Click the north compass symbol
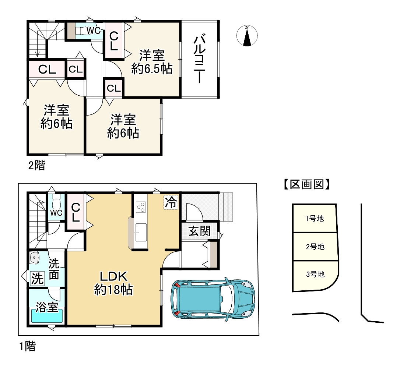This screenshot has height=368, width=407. coord(247,36)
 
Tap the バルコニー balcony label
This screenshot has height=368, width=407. coord(200,60)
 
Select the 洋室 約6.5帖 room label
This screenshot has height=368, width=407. coord(152,62)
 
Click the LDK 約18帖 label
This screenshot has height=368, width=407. coord(113,283)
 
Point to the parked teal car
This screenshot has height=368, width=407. coord(213,299)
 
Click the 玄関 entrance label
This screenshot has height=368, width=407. coord(199,231)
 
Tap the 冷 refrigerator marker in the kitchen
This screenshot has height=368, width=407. coord(171,202)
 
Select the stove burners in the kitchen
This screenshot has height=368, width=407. coord(141,207)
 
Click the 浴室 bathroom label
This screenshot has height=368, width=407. coord(46,307)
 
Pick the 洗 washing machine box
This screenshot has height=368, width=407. coord(37,278)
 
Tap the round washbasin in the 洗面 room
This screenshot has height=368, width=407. coord(34,258)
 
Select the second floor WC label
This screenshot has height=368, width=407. coord(94,31)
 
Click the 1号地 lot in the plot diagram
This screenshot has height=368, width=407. coord(315,218)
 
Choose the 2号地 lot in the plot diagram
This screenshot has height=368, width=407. coord(315,247)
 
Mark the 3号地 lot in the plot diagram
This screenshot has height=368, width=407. coord(315,275)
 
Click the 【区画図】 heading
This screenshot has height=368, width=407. coord(306,184)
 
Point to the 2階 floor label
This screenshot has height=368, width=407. coord(36,165)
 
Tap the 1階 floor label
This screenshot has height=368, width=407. coord(28,346)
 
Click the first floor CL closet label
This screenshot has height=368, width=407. coord(76,212)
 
